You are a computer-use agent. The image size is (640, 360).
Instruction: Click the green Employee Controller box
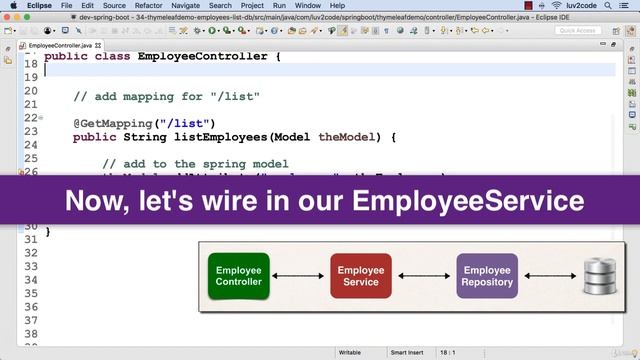(x=239, y=276)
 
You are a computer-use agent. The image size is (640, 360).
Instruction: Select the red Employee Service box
(x=361, y=276)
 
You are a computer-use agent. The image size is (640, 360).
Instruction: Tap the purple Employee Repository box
(x=487, y=276)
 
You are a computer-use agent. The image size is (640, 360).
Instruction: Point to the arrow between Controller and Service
(x=300, y=276)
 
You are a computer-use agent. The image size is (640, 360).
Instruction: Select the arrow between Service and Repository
(x=424, y=276)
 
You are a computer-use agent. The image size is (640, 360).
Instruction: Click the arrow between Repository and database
(x=549, y=276)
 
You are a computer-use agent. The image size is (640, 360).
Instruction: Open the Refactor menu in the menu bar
(x=148, y=6)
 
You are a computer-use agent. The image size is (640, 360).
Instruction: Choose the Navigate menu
(x=192, y=6)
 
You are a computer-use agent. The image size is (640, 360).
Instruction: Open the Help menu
(x=342, y=6)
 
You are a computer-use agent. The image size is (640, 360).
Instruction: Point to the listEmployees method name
(x=219, y=137)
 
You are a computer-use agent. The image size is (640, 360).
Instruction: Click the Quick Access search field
(x=580, y=31)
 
